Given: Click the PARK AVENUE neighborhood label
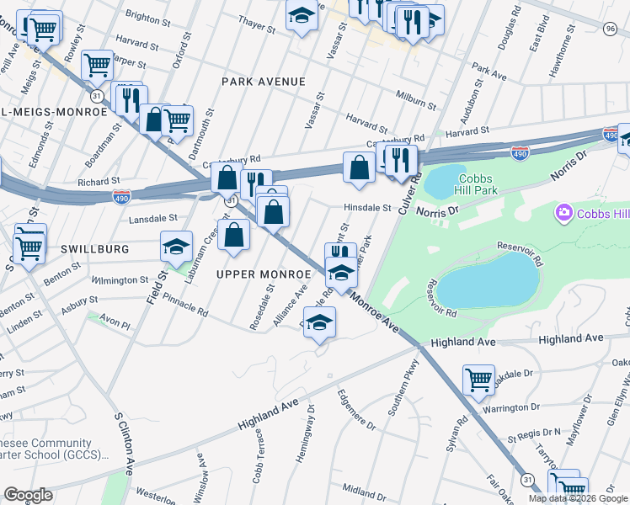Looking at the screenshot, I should pos(262,82).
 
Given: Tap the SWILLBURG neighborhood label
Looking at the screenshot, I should pos(94,250).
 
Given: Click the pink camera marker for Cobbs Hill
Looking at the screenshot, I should pos(563,214).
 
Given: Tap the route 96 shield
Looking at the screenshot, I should pos(610,29).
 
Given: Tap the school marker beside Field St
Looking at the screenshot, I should pos(176,246).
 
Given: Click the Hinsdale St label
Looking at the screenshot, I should pos(366,208).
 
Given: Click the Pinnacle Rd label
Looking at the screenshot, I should pos(185,305).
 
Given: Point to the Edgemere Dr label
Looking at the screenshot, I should pos(356,410).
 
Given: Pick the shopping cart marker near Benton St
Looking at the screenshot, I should pos(29,245).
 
